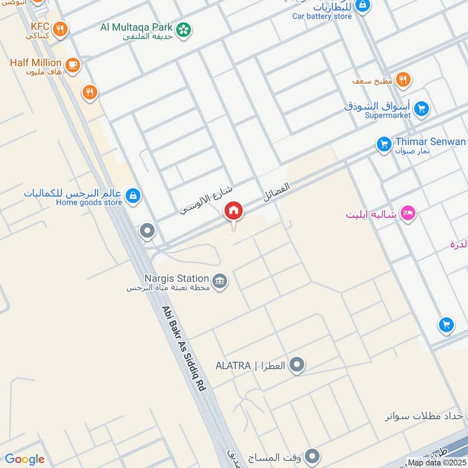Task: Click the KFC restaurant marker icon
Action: pos(59,28)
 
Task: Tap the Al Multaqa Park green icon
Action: pos(184,29)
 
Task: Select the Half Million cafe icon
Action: pos(73,64)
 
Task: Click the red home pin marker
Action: pos(233,211)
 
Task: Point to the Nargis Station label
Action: pos(177,278)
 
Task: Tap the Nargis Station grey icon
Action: pos(220,281)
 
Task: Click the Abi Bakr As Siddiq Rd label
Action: pos(185,349)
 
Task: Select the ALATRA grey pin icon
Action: pos(297,366)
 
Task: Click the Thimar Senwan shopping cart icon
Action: pos(384,143)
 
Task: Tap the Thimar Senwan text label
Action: pos(430,142)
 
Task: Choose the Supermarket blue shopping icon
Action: pos(421,108)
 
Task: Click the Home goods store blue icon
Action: pos(133,195)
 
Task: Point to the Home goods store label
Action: pos(89,202)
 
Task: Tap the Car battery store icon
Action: pos(363,5)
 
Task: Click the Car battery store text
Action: pos(322,16)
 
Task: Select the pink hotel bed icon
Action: pos(408,214)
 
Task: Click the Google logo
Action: pos(25,459)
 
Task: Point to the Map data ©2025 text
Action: pos(436,462)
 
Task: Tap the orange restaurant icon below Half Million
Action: pos(89,92)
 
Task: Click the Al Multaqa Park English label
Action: pos(136,27)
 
